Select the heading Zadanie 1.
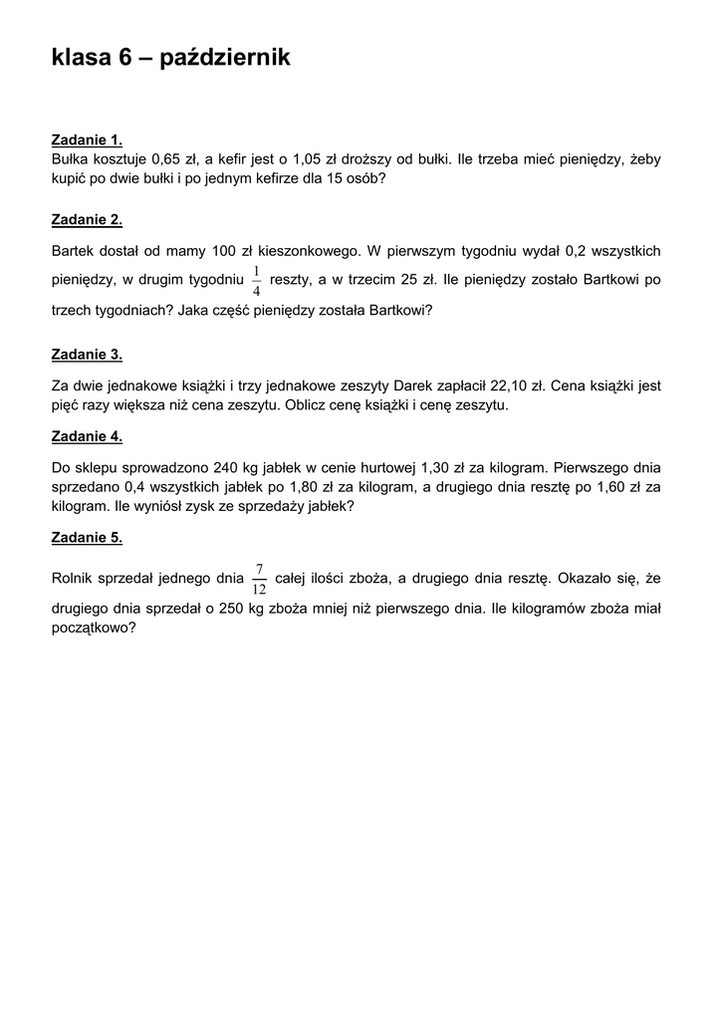87,139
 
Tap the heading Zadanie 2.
87,219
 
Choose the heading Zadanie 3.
87,354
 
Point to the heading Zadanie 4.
87,436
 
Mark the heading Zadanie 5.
87,538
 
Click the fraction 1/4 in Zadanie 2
257,281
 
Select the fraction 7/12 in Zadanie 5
259,579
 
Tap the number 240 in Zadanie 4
227,466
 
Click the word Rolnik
73,578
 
